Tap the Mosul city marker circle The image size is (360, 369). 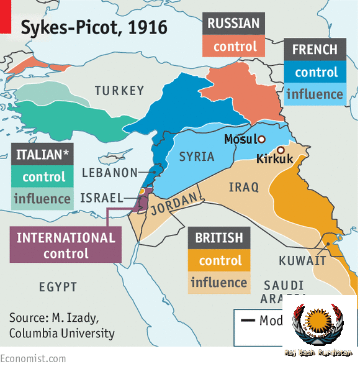(x=262, y=139)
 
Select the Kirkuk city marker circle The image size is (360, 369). (x=281, y=150)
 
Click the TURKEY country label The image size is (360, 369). (x=119, y=91)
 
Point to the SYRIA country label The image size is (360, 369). (x=197, y=157)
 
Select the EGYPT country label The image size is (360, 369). (x=58, y=287)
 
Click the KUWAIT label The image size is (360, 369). (x=302, y=260)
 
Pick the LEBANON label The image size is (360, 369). (x=109, y=173)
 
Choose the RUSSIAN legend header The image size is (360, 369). (x=233, y=24)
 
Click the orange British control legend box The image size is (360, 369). (x=219, y=261)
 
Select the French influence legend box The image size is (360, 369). (x=315, y=94)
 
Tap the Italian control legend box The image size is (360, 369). (x=43, y=177)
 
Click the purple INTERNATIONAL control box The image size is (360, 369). (x=66, y=245)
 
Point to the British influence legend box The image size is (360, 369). (x=219, y=283)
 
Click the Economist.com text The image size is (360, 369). (x=33, y=358)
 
